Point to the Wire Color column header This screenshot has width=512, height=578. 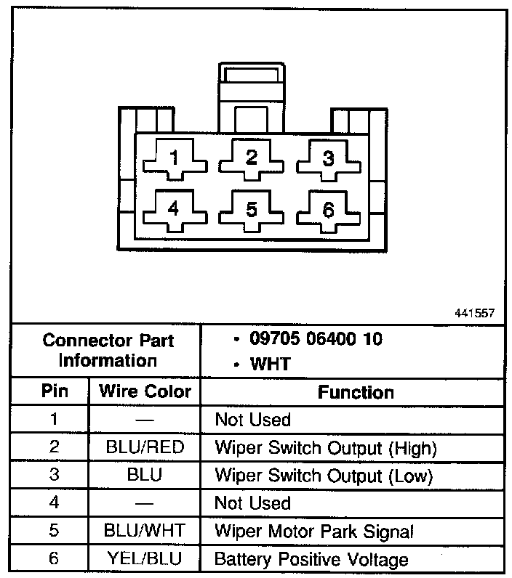[145, 392]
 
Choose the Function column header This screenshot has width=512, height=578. [356, 392]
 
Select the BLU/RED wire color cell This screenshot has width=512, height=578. [145, 448]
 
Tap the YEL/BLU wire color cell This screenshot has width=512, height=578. [145, 559]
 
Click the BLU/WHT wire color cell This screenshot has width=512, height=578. [145, 531]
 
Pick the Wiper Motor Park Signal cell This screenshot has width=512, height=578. [313, 531]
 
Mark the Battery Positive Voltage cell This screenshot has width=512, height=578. [311, 559]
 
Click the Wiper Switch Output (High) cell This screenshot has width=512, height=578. [325, 448]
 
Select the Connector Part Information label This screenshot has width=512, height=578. [108, 350]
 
